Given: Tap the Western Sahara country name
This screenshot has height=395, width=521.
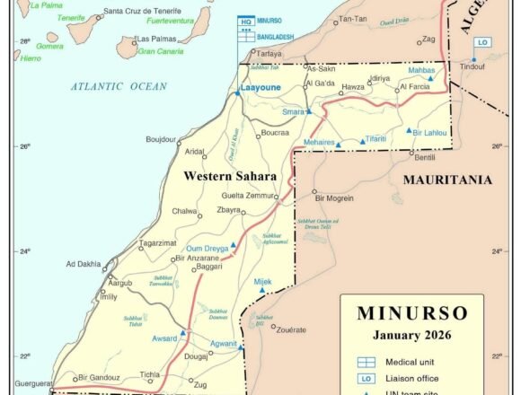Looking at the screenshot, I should click(229, 176).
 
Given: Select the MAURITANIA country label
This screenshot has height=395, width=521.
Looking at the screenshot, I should click(446, 180).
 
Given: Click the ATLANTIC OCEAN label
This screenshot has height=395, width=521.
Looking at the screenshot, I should click(119, 86).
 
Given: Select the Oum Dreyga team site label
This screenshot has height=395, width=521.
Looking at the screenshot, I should click(206, 248).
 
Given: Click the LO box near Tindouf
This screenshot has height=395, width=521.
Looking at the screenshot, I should click(483, 42).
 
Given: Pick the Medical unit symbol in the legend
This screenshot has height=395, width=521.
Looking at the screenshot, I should click(366, 361).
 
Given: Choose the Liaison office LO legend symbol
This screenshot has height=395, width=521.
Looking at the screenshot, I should click(366, 378).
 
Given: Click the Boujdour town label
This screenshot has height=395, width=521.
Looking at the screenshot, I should click(161, 139).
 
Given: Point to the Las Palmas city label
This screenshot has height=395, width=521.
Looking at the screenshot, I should click(155, 39).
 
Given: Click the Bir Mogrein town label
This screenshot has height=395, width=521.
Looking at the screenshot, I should click(333, 197).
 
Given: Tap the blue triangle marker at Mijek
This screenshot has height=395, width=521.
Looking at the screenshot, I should click(263, 290).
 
